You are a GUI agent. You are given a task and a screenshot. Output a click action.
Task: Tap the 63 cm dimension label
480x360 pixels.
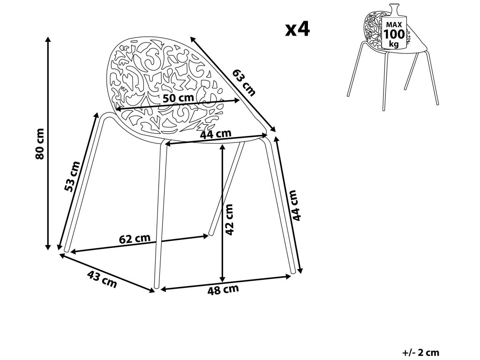point(244,82)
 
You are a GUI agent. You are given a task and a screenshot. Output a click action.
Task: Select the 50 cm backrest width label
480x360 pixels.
point(178,98)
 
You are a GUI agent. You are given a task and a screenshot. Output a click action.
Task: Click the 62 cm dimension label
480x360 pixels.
point(135,239)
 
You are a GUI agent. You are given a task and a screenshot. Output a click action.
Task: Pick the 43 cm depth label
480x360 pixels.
point(102,280)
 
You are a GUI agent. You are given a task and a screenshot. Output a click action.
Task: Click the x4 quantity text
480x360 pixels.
point(298,30)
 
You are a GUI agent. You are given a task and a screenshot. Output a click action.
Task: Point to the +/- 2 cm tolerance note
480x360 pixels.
point(420,352)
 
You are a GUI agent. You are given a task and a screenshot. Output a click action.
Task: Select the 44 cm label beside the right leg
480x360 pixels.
point(294,205)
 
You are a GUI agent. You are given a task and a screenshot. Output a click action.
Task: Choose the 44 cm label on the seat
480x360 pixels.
point(216,134)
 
